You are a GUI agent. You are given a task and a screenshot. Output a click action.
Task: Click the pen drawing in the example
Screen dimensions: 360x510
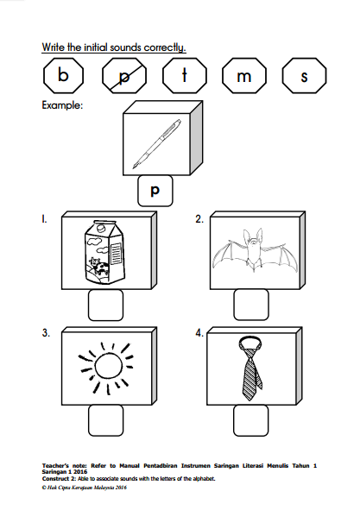(x=157, y=144)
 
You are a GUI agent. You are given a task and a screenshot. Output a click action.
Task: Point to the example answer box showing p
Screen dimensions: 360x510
(x=155, y=191)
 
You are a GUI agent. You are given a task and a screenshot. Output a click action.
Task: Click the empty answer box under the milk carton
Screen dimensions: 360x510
(x=106, y=305)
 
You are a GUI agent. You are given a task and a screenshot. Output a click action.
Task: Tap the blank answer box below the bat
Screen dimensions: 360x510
(x=251, y=305)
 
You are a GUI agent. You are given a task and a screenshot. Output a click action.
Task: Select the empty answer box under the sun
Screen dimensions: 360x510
(x=106, y=420)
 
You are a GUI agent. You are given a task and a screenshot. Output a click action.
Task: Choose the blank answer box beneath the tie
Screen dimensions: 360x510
(x=251, y=420)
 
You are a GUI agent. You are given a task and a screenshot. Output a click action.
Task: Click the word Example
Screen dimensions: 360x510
(x=62, y=105)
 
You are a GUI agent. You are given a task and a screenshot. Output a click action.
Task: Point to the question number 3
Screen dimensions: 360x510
(x=46, y=333)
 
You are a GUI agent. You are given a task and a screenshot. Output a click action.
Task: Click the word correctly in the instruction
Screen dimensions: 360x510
(x=165, y=47)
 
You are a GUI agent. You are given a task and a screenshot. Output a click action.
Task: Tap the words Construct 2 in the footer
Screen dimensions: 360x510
(x=59, y=478)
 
